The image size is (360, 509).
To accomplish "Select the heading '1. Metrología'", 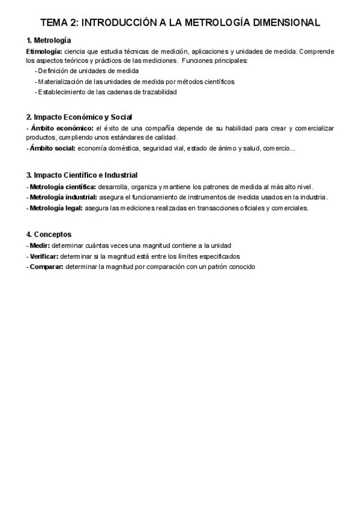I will click(x=49, y=41).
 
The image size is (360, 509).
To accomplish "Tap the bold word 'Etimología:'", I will click(x=44, y=52).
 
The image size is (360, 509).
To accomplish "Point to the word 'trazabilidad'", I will click(x=160, y=92).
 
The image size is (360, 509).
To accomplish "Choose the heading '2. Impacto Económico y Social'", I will click(x=79, y=117).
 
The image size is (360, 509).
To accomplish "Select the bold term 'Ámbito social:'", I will click(x=53, y=148).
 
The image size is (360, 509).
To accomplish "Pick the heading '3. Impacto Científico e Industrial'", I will click(x=82, y=175).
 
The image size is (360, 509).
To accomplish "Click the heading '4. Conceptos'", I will click(x=49, y=234).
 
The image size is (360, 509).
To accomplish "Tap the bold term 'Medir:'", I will click(x=40, y=245).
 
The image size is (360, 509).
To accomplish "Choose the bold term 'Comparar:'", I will click(x=46, y=267).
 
